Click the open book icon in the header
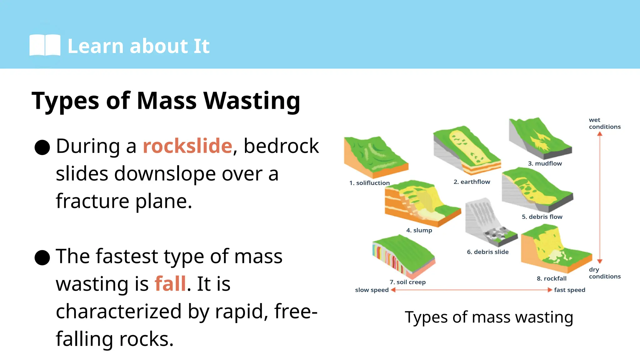45,45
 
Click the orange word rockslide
187,146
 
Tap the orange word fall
170,284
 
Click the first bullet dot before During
42,147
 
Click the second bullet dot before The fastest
42,257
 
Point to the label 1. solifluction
369,183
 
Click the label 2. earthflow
472,182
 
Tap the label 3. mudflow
545,163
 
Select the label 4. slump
419,230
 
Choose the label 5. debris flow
542,217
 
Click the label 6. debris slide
487,252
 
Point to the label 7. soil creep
407,282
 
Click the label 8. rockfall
551,278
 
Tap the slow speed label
372,290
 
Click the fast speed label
569,290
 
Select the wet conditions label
604,123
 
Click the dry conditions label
604,273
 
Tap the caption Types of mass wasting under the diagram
489,317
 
